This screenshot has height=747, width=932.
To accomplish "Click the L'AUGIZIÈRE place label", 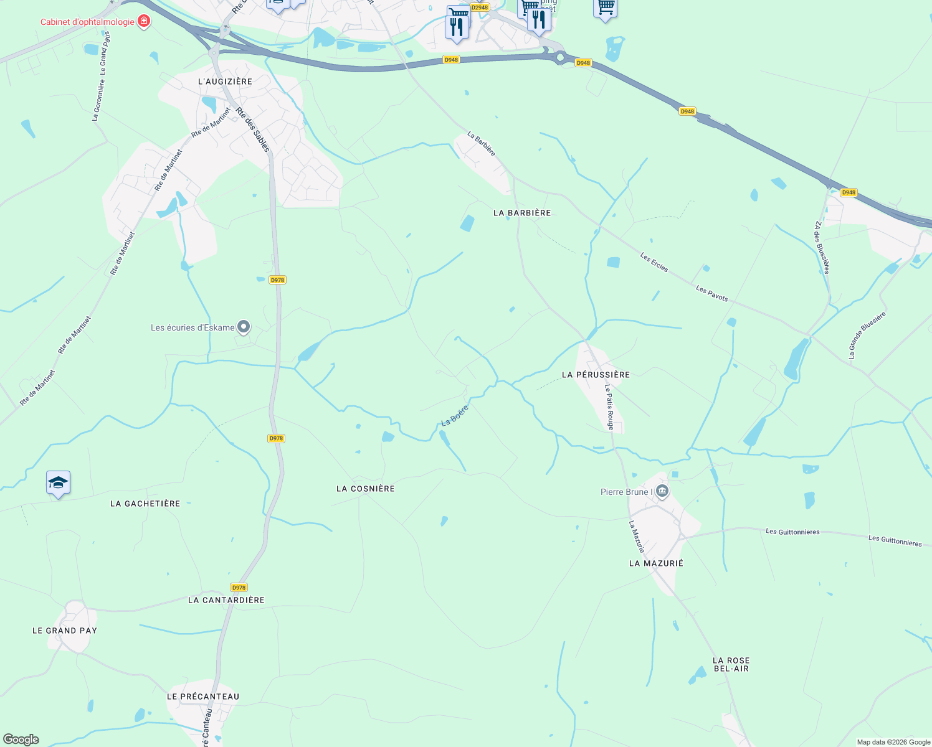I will pos(225,82).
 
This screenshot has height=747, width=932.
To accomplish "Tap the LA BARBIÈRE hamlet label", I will pos(522,213).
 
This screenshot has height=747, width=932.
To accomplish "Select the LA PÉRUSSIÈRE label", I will pos(596,375).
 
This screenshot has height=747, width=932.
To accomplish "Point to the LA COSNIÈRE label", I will pos(366,489).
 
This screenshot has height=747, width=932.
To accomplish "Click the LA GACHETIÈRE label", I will pos(145,504).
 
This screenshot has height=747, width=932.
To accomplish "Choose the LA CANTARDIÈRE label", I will pos(226,600).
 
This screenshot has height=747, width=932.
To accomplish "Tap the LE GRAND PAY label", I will pos(65,631).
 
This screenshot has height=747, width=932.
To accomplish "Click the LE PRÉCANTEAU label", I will pos(203,697).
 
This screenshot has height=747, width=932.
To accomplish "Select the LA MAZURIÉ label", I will pos(656,563).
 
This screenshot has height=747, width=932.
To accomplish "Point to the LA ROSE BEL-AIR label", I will pos(731,664).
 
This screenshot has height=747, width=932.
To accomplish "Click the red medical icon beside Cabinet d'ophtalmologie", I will pos(144,22).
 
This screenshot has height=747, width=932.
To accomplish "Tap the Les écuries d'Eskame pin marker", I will pos(244,327).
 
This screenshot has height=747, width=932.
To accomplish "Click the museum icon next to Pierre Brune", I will pos(662,492).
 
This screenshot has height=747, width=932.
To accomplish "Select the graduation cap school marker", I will pos(58,483).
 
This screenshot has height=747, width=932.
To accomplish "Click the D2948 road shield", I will pos(480,7).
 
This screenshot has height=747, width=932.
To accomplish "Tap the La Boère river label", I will pos(454,415).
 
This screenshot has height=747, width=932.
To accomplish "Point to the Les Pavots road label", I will pos(711,294).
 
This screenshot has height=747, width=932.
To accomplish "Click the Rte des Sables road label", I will pos(254,129).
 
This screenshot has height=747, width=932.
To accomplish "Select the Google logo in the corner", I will pos(21,740).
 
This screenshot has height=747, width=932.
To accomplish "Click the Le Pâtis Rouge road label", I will pos(610,406).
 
